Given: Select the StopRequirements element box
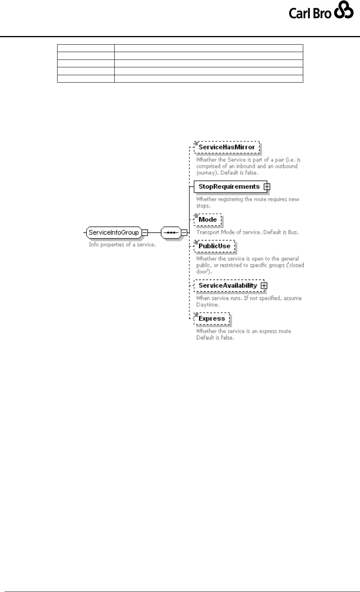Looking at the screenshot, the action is click(229, 187).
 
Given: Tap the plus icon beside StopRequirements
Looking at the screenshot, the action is click(267, 187).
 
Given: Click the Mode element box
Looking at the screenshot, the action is click(208, 220).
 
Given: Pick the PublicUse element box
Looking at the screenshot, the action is click(214, 246).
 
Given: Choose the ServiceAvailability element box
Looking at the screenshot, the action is click(228, 285).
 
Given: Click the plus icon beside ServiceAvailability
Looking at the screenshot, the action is click(264, 286).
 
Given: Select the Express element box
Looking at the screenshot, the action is click(212, 318).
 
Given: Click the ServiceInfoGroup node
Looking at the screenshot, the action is click(113, 233).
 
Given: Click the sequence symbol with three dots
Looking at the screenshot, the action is click(171, 233).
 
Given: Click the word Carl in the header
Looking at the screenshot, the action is click(299, 14).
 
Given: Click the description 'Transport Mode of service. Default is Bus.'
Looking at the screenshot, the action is click(247, 233).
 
